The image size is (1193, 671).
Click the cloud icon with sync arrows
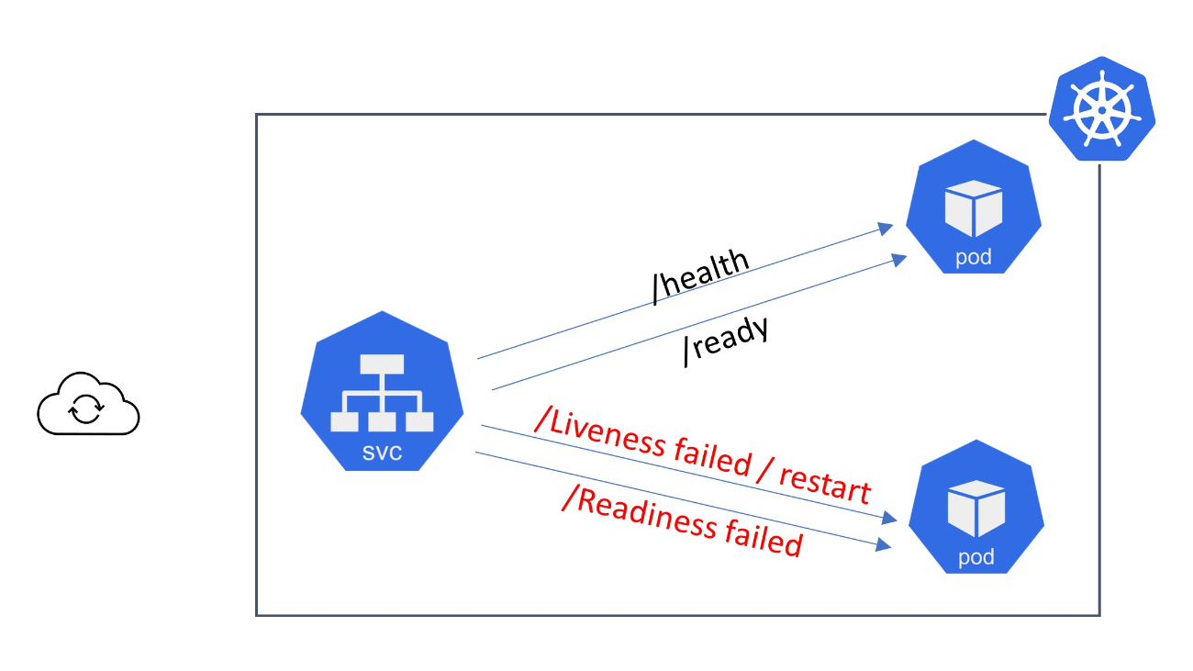tap(88, 405)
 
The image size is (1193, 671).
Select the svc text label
tap(381, 453)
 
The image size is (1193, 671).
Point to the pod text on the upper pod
tap(973, 257)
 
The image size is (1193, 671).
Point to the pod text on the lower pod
tap(976, 557)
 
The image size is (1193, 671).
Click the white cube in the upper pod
tap(973, 207)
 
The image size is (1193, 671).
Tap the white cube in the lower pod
tap(976, 508)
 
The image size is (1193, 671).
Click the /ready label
tap(725, 341)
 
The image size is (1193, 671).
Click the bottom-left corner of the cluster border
tap(257, 614)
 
